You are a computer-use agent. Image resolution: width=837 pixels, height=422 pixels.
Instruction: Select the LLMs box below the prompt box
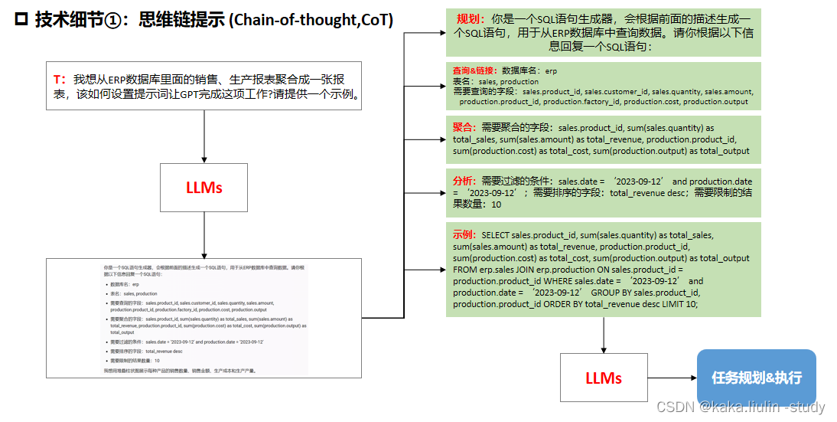click(x=204, y=187)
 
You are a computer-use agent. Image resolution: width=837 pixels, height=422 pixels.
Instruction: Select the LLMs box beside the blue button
click(x=604, y=378)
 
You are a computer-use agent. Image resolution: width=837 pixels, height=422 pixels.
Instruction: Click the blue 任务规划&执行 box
click(x=756, y=378)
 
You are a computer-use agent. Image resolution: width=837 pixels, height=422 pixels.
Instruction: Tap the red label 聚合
click(x=465, y=127)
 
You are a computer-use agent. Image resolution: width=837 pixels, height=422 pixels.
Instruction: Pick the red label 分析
click(x=465, y=181)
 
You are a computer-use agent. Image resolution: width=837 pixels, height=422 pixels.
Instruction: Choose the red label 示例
click(x=465, y=234)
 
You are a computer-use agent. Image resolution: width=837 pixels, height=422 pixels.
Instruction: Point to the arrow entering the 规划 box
click(x=428, y=33)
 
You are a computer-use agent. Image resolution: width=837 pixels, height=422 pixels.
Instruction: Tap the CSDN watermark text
click(x=740, y=407)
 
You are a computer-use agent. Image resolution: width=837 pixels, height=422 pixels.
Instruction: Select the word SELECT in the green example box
click(x=495, y=235)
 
